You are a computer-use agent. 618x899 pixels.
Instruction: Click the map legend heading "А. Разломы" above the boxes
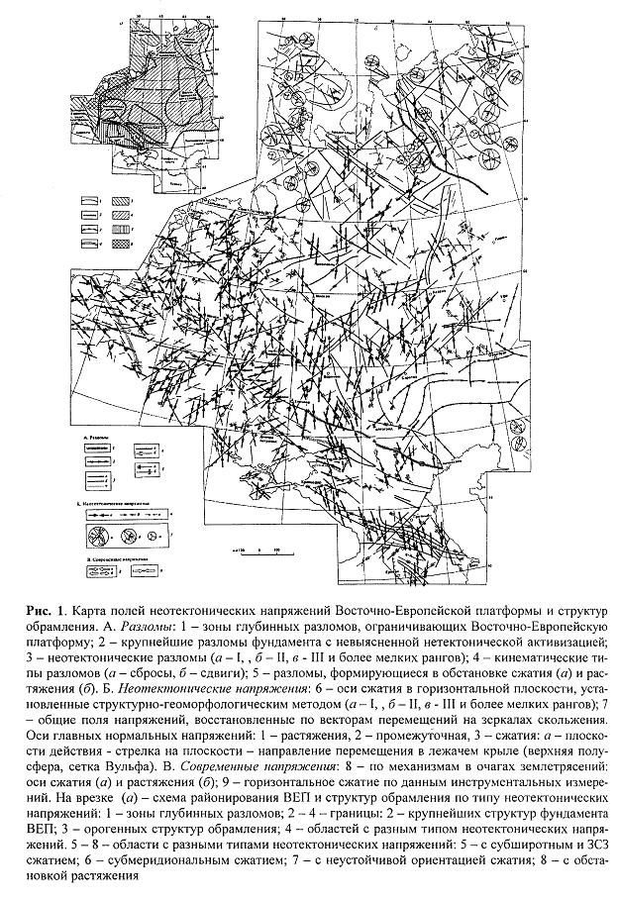tap(98, 437)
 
